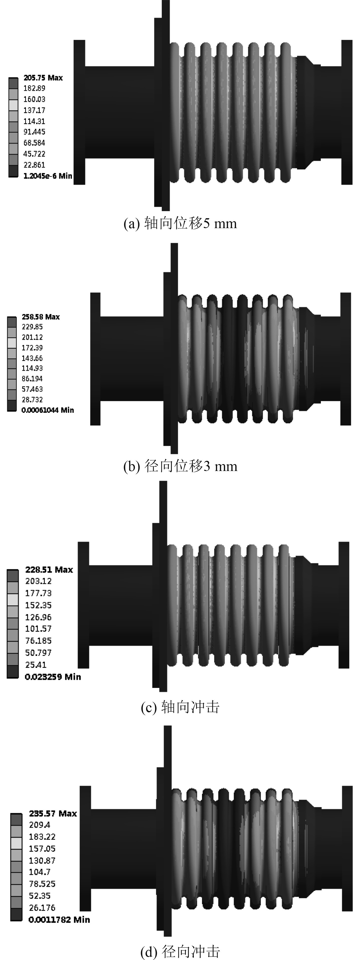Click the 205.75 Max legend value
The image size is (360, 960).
pos(43,77)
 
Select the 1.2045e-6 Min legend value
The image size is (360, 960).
pos(48,176)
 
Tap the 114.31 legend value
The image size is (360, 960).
pos(34,121)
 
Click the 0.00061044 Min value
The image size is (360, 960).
pos(48,410)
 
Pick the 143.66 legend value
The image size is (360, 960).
pos(32,358)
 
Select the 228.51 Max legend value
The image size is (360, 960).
pos(49,570)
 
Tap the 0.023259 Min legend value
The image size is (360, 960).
pos(53,676)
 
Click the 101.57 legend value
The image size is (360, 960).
pos(38,629)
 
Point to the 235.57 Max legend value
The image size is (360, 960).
pos(53,813)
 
